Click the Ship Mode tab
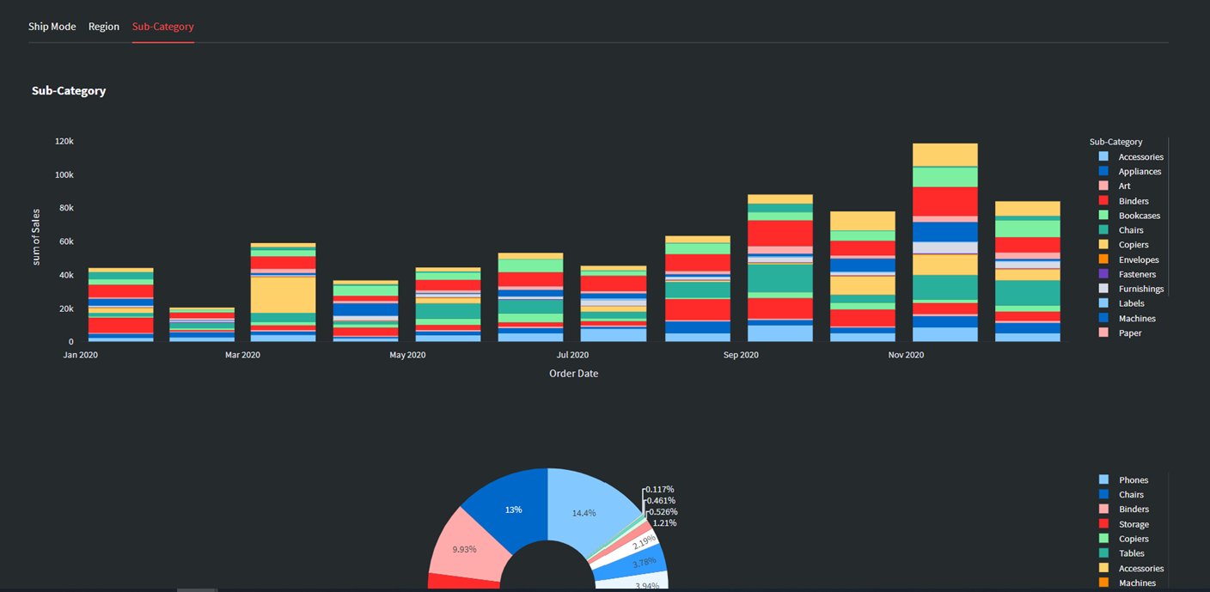pyautogui.click(x=52, y=27)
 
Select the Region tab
pyautogui.click(x=104, y=27)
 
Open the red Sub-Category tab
pyautogui.click(x=162, y=27)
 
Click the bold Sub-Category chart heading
pyautogui.click(x=69, y=91)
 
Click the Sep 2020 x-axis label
pyautogui.click(x=741, y=355)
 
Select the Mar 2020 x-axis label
pyautogui.click(x=243, y=355)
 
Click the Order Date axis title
pyautogui.click(x=573, y=374)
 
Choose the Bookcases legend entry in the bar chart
pyautogui.click(x=1139, y=216)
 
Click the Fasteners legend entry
pyautogui.click(x=1136, y=274)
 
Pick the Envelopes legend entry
pyautogui.click(x=1138, y=259)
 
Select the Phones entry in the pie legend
pyautogui.click(x=1133, y=480)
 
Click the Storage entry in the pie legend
pyautogui.click(x=1133, y=524)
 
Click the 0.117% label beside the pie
pyautogui.click(x=660, y=489)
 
